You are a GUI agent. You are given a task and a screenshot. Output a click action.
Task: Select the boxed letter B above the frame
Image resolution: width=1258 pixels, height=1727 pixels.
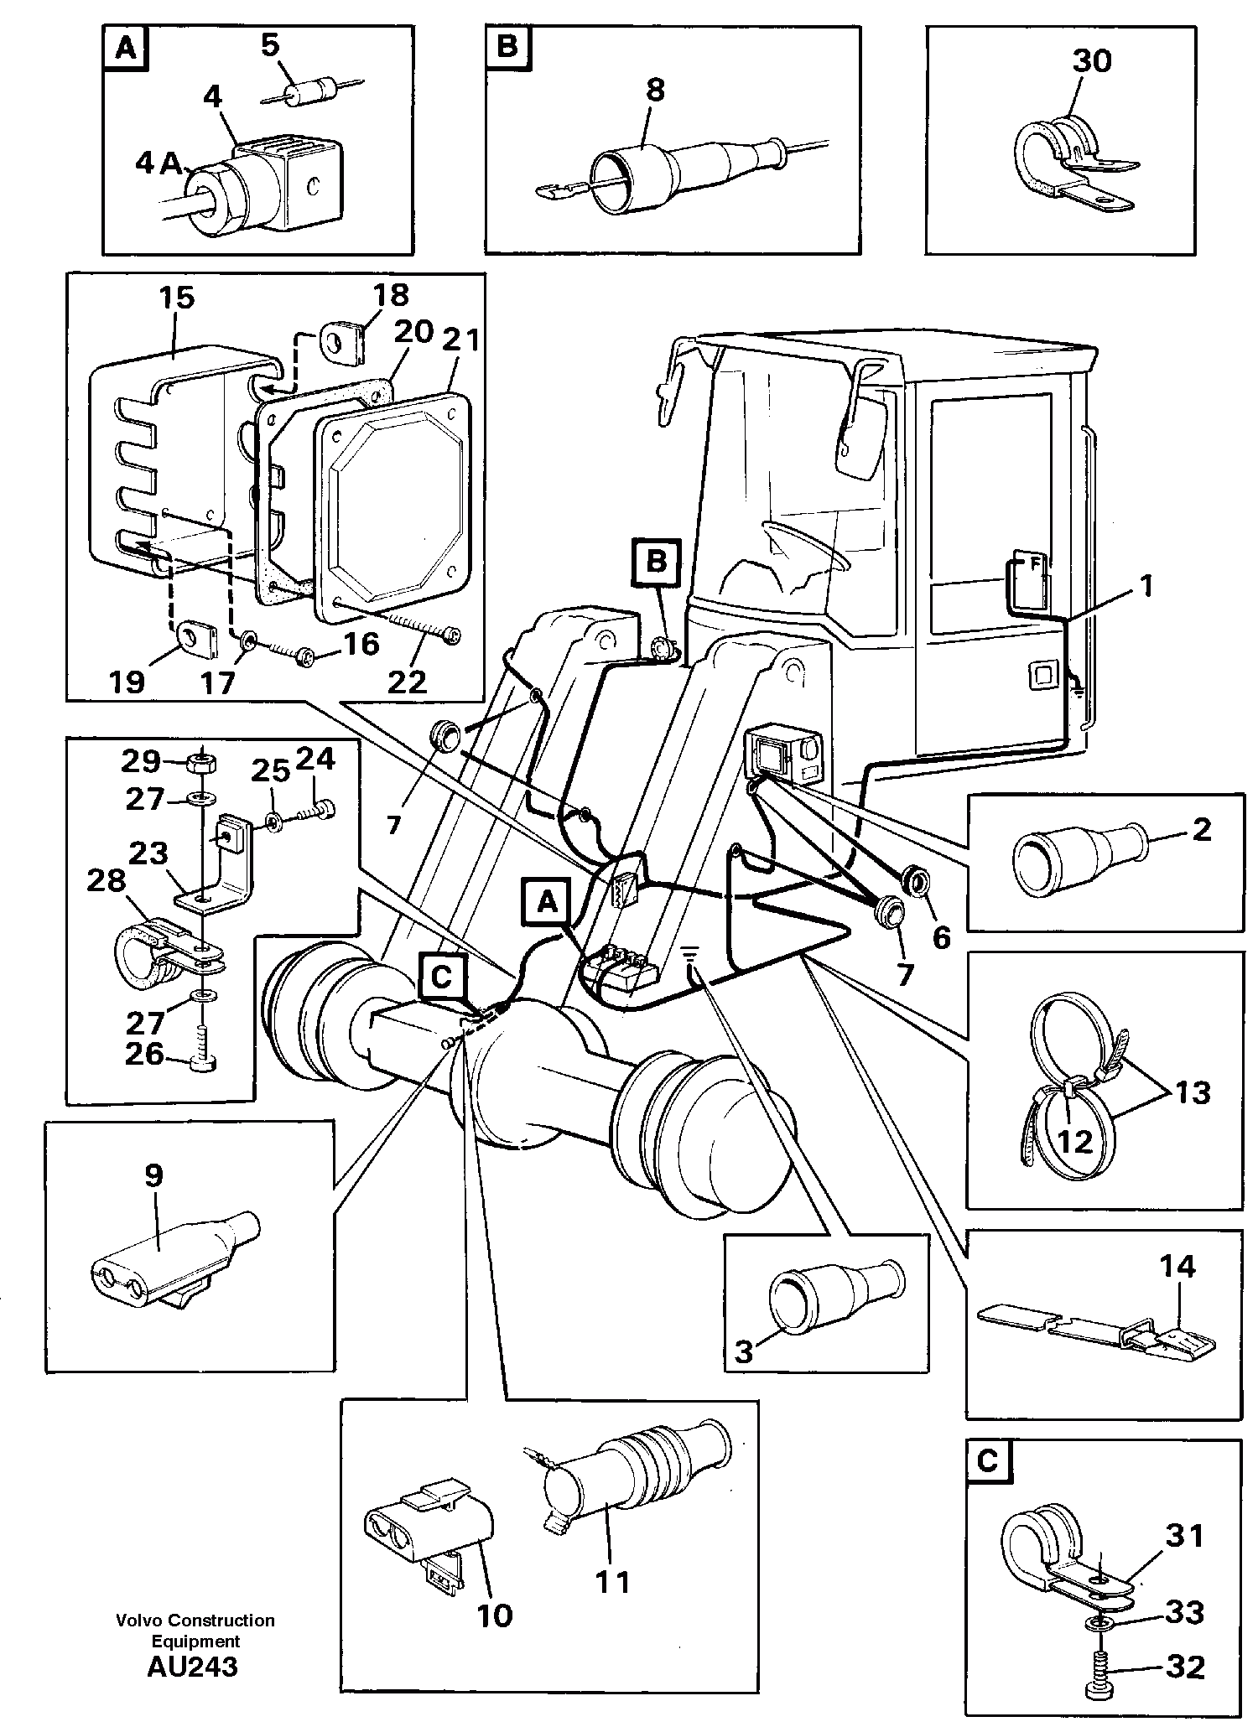(x=656, y=561)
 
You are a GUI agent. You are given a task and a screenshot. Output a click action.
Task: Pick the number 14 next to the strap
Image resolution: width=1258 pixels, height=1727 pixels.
(x=1177, y=1266)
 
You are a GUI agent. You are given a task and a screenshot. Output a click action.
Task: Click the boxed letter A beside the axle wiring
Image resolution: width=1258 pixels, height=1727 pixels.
(x=546, y=902)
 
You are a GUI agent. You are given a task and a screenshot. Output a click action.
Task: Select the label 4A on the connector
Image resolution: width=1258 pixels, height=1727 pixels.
(x=159, y=163)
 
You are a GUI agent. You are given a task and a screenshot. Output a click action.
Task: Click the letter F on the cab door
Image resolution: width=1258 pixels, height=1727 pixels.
(x=1035, y=565)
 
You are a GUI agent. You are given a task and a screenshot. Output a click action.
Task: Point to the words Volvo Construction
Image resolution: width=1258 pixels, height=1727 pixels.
(x=195, y=1621)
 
